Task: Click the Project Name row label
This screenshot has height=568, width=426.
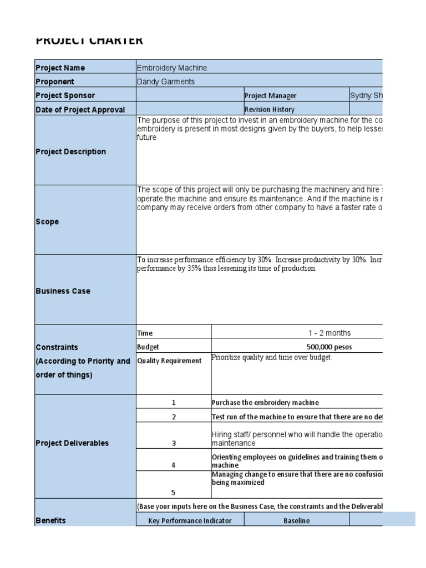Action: pos(60,68)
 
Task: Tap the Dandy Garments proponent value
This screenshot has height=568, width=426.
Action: pos(165,82)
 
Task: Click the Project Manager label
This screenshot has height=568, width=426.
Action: pos(271,96)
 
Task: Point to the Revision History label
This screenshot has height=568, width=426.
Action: pos(270,110)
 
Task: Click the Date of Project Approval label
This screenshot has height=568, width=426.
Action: pos(80,110)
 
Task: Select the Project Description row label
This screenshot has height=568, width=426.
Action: pos(71,151)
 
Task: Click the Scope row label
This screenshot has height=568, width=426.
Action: pos(47,221)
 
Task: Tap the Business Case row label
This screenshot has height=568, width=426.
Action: pos(63,291)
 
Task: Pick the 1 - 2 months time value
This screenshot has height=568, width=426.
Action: pos(329,333)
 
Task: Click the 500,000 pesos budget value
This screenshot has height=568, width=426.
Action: pos(329,347)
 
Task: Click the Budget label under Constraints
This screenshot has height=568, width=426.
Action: pos(148,347)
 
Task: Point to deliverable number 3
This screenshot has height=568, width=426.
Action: pos(173,443)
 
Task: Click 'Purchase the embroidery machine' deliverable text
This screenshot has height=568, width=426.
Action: pos(266,403)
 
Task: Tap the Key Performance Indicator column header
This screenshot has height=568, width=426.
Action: pos(190,521)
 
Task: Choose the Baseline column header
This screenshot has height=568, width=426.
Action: pos(297,521)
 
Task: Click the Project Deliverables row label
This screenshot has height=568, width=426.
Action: pos(72,443)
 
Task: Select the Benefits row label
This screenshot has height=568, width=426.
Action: pos(50,520)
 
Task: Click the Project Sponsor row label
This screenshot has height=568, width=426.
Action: pos(65,95)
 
